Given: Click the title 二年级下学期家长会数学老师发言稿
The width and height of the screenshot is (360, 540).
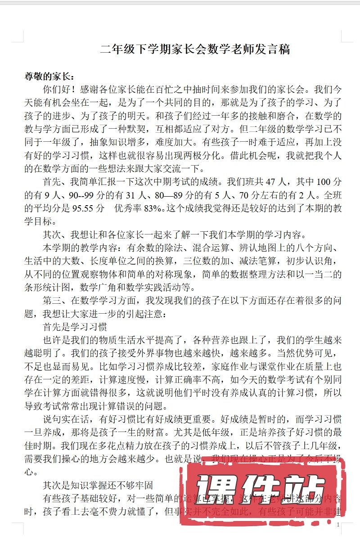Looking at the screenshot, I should (x=195, y=49).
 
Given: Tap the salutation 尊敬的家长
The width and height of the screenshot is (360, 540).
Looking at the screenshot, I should (x=47, y=76).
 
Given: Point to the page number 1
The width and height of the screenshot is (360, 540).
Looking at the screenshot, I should (x=338, y=525).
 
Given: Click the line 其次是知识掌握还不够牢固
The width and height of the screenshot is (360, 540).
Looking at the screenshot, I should (x=98, y=485).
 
